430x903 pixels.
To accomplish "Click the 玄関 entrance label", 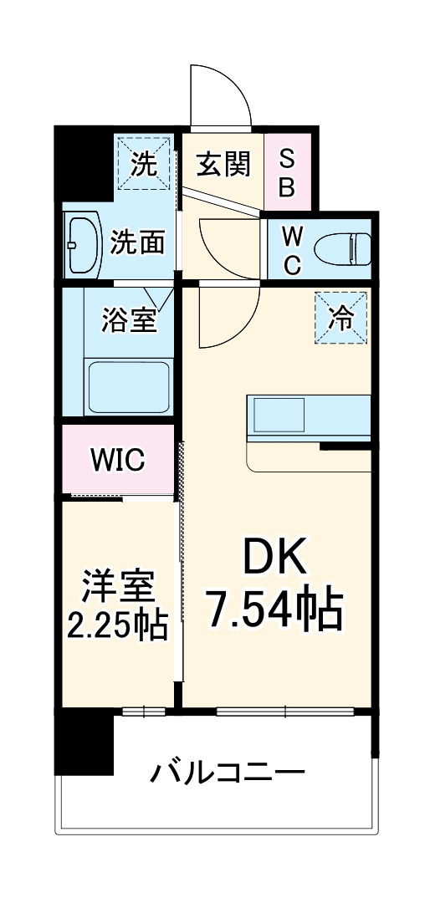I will (x=223, y=164).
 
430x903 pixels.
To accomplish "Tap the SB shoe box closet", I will (x=286, y=171).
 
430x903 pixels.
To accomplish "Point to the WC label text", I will (x=292, y=248).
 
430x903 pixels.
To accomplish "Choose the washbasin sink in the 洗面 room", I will (x=84, y=246).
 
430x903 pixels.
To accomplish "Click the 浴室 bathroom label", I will (x=129, y=320).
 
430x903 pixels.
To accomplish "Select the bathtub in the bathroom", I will (x=130, y=386).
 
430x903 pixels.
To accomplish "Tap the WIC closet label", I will (x=118, y=459).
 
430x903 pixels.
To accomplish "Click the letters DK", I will (x=276, y=556).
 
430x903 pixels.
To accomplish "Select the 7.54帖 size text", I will (x=276, y=610).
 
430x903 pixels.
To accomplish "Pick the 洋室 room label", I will (x=118, y=588).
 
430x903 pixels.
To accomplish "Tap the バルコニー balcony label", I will (x=227, y=771).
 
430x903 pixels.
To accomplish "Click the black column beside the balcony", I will (x=84, y=744).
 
